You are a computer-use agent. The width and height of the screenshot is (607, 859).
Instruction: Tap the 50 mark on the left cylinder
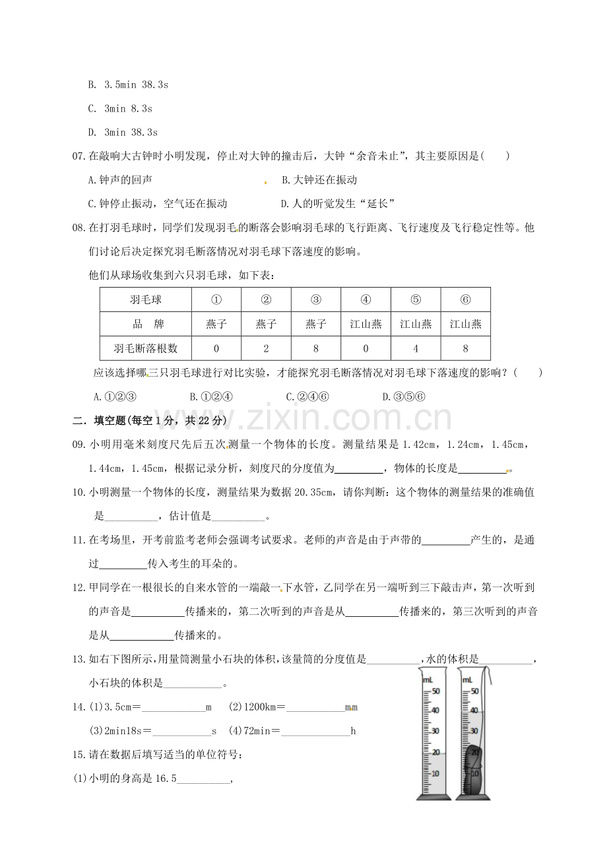[x=435, y=691]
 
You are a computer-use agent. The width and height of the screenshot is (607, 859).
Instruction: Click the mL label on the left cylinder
[x=428, y=679]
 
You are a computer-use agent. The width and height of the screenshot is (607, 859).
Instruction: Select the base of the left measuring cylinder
[x=433, y=796]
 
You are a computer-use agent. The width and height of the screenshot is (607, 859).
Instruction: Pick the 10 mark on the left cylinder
[x=435, y=773]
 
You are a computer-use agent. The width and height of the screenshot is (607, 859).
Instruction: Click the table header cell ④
[x=366, y=300]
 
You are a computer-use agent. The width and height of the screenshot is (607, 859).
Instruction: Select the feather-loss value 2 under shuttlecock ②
[x=266, y=348]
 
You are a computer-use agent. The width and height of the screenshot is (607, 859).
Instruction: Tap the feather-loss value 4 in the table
[x=416, y=348]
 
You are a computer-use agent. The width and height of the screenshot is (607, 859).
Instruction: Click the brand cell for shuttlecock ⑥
[x=465, y=324]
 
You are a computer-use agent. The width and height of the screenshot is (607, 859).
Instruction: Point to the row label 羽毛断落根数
[x=146, y=348]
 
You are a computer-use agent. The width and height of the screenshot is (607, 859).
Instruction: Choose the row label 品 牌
[x=146, y=324]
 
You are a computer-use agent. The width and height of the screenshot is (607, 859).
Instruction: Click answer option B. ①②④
[x=211, y=397]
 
